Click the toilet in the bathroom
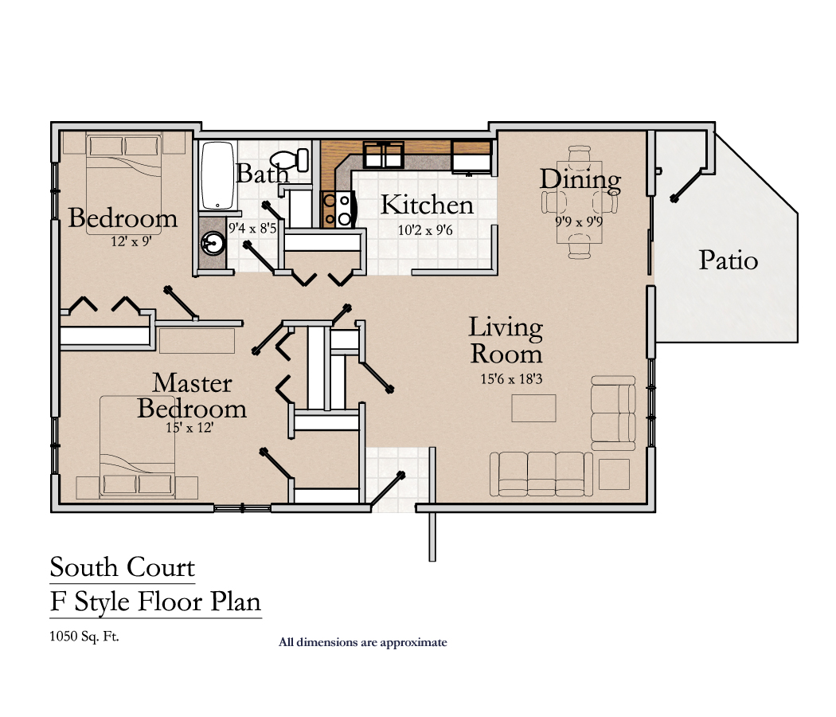click(290, 159)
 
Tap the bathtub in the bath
click(217, 175)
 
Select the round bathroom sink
click(213, 245)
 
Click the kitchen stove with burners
click(338, 209)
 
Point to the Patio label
click(729, 261)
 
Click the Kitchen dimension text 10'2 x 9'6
click(425, 230)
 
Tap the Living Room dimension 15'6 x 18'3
click(511, 378)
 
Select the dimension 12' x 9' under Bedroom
click(131, 241)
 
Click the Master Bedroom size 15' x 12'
click(189, 427)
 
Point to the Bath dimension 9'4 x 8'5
click(252, 229)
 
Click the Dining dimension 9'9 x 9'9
click(579, 221)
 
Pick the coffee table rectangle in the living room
click(533, 408)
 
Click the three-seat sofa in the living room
click(541, 474)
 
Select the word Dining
click(580, 180)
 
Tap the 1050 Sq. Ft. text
click(84, 636)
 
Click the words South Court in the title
click(122, 566)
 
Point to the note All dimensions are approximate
click(362, 642)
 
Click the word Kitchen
click(427, 205)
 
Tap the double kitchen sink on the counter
click(384, 155)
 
